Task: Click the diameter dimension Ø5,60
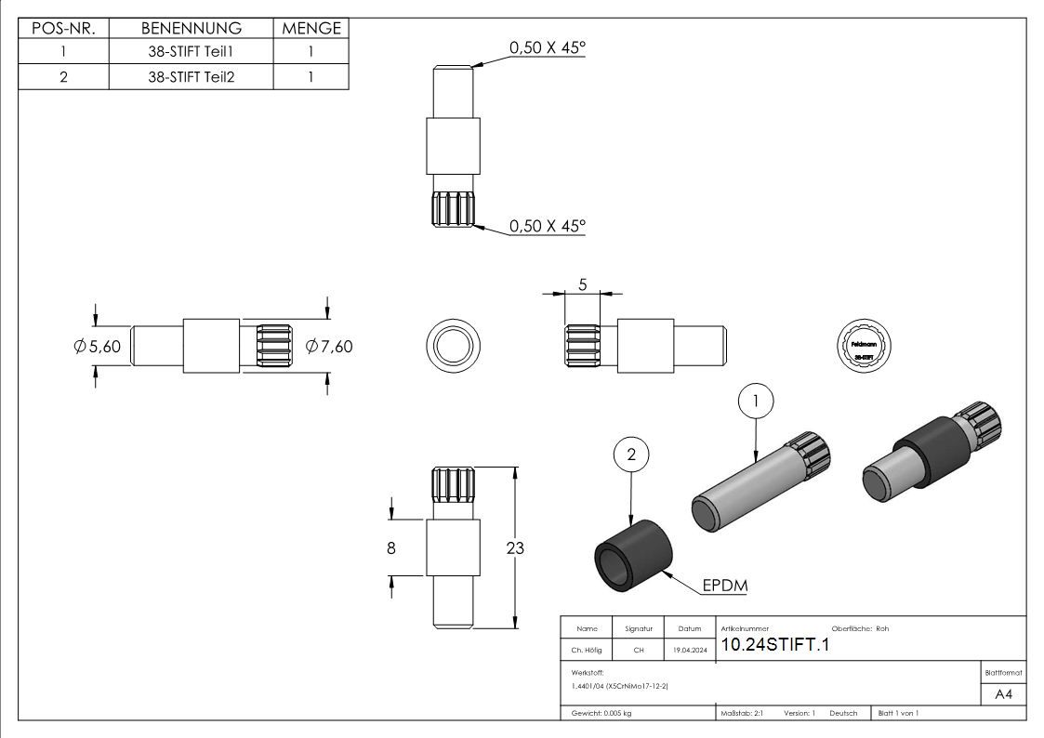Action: click(97, 347)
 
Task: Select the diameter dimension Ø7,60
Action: click(329, 347)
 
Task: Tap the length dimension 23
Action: click(514, 548)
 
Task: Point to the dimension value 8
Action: click(391, 548)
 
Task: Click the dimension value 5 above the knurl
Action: click(582, 285)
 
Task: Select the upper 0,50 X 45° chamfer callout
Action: click(547, 48)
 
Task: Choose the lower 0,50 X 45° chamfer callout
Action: click(547, 226)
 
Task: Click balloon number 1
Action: click(756, 401)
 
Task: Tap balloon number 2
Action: click(631, 455)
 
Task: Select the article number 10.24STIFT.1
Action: click(773, 645)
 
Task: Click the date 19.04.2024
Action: click(689, 651)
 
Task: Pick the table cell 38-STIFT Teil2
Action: click(191, 77)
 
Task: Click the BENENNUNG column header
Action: click(191, 29)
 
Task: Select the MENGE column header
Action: click(311, 29)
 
